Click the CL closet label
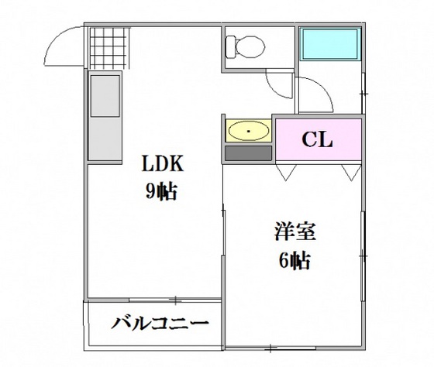pyautogui.click(x=317, y=140)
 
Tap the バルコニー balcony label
pyautogui.click(x=159, y=322)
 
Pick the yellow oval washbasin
pyautogui.click(x=248, y=132)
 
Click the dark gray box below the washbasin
pyautogui.click(x=248, y=152)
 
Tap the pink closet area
pyautogui.click(x=318, y=141)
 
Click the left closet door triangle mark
pyautogui.click(x=285, y=171)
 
